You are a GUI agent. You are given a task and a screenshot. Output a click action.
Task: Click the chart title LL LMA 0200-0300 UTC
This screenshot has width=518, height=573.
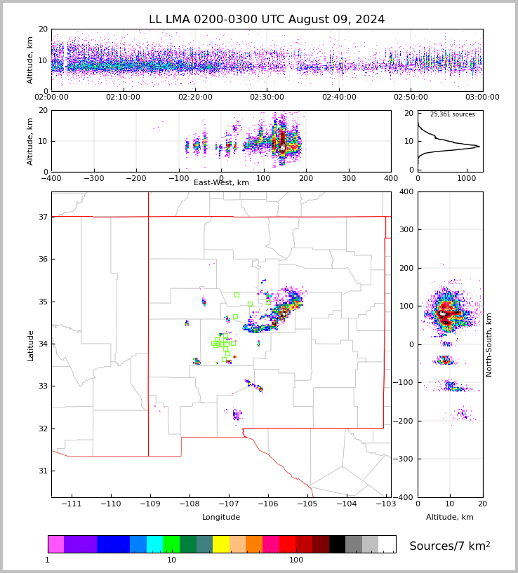coord(267,20)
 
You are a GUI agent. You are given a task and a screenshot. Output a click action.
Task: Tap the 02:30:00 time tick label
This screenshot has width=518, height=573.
coord(267,97)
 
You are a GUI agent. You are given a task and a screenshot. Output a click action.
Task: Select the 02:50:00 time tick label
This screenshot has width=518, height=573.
coord(411,97)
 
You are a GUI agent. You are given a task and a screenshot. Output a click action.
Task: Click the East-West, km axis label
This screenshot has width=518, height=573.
coord(221,183)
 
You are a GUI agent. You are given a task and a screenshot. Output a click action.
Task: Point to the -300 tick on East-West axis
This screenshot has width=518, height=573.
coord(93,179)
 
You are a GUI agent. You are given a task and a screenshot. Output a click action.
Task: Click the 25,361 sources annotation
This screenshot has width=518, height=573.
coord(452,114)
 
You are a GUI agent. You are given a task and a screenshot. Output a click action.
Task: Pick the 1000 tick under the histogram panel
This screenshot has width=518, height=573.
coord(467,179)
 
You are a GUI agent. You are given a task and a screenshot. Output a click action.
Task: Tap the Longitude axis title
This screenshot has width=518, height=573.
coord(221,518)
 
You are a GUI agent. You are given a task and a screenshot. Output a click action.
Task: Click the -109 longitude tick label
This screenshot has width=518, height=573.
coord(148,504)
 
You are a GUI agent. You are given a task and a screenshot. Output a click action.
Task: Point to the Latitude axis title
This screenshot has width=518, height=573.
coord(31,345)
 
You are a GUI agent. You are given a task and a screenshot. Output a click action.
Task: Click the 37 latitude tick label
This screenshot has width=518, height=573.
coord(42,217)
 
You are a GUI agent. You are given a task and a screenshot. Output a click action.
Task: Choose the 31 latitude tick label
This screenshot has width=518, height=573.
coord(42,471)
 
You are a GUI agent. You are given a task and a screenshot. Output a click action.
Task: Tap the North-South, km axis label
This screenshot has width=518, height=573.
coord(489,344)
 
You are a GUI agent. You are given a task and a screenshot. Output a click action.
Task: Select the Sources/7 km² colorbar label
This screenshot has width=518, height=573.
coord(450,546)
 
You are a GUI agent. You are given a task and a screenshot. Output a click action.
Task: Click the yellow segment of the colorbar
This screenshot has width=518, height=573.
coord(221,544)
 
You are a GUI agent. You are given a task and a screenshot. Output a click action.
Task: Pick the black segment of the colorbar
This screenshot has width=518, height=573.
coord(337,544)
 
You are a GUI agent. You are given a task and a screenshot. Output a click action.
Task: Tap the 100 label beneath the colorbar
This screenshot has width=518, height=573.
coord(296,560)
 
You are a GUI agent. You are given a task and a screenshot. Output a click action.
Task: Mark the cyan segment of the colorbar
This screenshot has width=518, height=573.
coord(154,544)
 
